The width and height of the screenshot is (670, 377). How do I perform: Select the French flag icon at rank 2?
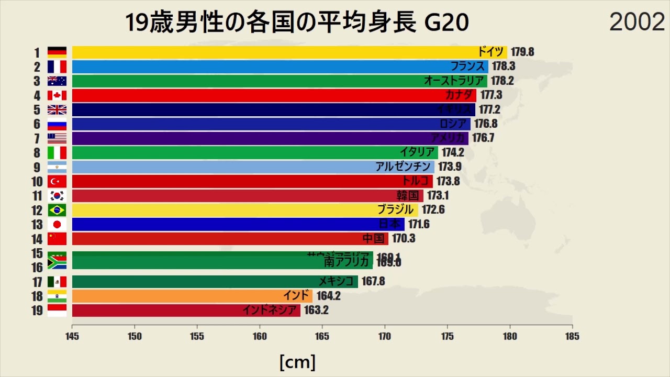pyautogui.click(x=57, y=66)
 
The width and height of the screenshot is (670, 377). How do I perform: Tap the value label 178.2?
pyautogui.click(x=502, y=81)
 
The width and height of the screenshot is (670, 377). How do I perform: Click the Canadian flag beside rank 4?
pyautogui.click(x=57, y=95)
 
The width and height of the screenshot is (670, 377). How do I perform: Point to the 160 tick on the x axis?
pyautogui.click(x=260, y=336)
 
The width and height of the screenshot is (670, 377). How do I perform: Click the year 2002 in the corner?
pyautogui.click(x=636, y=22)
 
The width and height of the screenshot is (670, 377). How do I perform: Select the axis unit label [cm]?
pyautogui.click(x=297, y=361)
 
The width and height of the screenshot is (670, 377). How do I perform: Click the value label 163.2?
pyautogui.click(x=316, y=310)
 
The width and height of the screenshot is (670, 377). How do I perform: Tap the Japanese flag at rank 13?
pyautogui.click(x=57, y=224)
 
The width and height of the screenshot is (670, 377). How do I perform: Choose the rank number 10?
pyautogui.click(x=37, y=181)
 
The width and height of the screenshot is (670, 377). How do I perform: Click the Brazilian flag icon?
pyautogui.click(x=57, y=210)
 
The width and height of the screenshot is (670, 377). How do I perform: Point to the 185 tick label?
pyautogui.click(x=572, y=336)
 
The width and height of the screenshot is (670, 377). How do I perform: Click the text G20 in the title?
pyautogui.click(x=446, y=24)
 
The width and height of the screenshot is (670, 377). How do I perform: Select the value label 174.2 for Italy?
pyautogui.click(x=453, y=152)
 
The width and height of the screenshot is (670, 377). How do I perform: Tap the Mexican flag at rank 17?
pyautogui.click(x=57, y=282)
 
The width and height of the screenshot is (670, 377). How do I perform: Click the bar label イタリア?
pyautogui.click(x=417, y=152)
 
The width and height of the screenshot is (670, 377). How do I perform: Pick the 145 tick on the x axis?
pyautogui.click(x=72, y=336)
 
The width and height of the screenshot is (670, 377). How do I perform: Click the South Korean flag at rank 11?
pyautogui.click(x=57, y=195)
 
